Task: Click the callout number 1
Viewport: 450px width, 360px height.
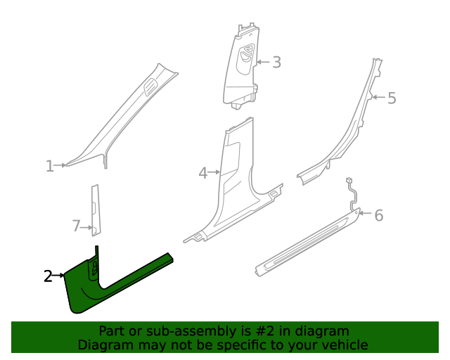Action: (49, 166)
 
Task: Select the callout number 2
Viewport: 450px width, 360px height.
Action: (48, 276)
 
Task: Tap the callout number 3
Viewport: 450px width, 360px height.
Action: (276, 63)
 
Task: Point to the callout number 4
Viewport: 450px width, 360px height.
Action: (202, 172)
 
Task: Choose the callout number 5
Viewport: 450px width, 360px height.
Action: (392, 98)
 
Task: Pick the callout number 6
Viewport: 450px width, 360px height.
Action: (378, 215)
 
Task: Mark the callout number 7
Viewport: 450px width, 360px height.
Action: (77, 226)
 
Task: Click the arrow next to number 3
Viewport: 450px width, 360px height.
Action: (262, 63)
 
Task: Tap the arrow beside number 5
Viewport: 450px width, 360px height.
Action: (378, 97)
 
